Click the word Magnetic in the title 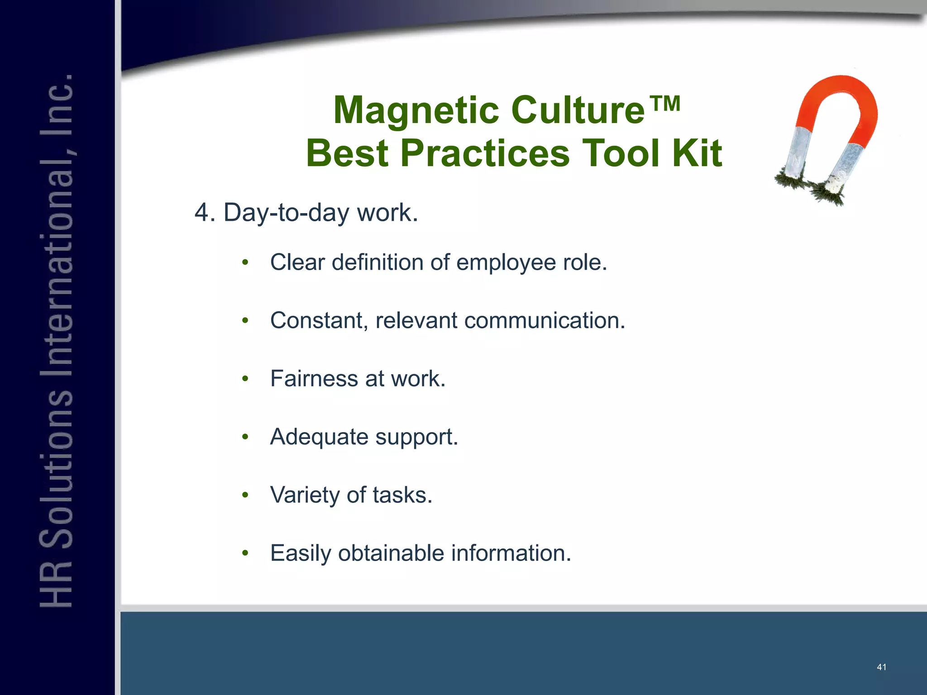416,110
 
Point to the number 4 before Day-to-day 201,212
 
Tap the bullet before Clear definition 245,262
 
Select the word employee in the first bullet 506,262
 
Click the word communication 545,320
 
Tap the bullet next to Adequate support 245,437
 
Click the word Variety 304,495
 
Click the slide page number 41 881,667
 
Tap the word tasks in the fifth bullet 402,495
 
